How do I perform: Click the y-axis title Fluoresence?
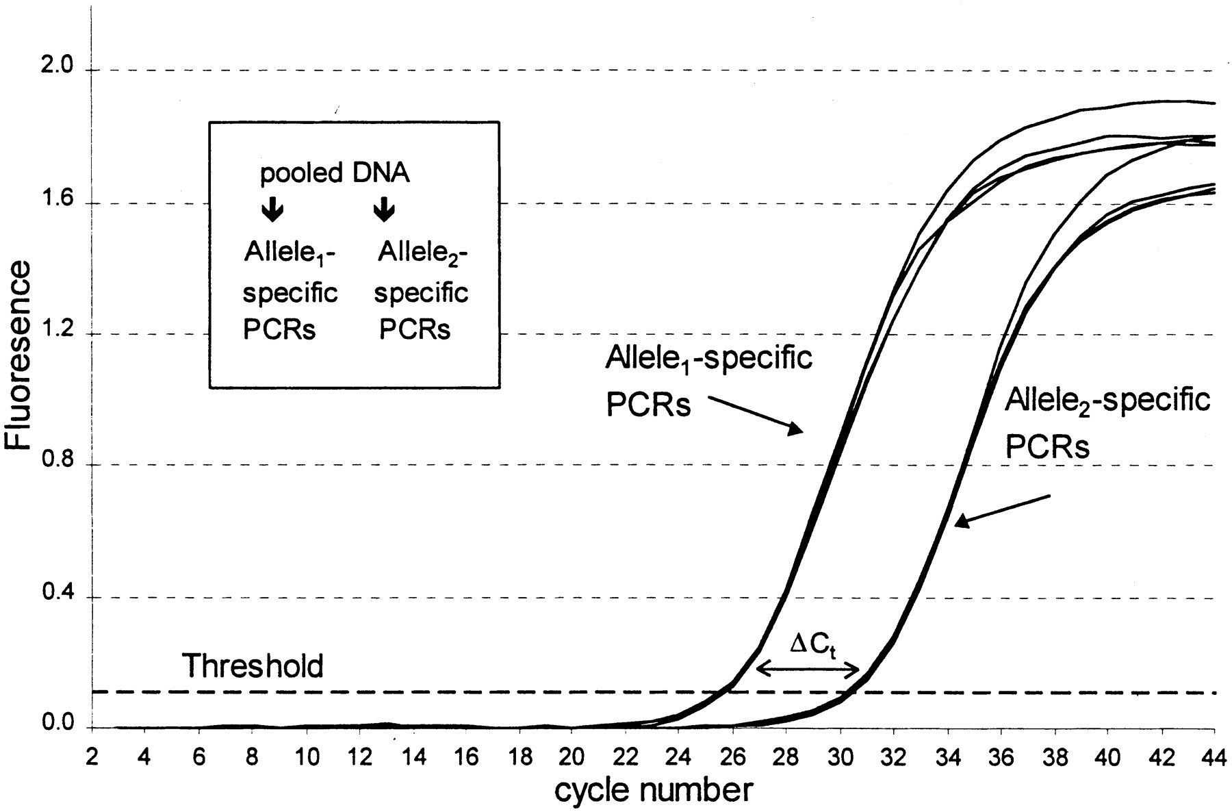[18, 355]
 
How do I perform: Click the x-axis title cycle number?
[653, 790]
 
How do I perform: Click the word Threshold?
[253, 666]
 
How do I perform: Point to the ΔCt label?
[813, 646]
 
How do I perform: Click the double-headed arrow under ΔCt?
[808, 670]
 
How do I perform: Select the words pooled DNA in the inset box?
[335, 173]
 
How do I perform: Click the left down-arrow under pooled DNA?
[272, 210]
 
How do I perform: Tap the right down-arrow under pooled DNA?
[384, 210]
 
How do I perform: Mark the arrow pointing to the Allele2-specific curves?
[1002, 511]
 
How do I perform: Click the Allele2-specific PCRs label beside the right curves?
[1107, 424]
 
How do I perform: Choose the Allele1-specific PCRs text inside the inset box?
[290, 292]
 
